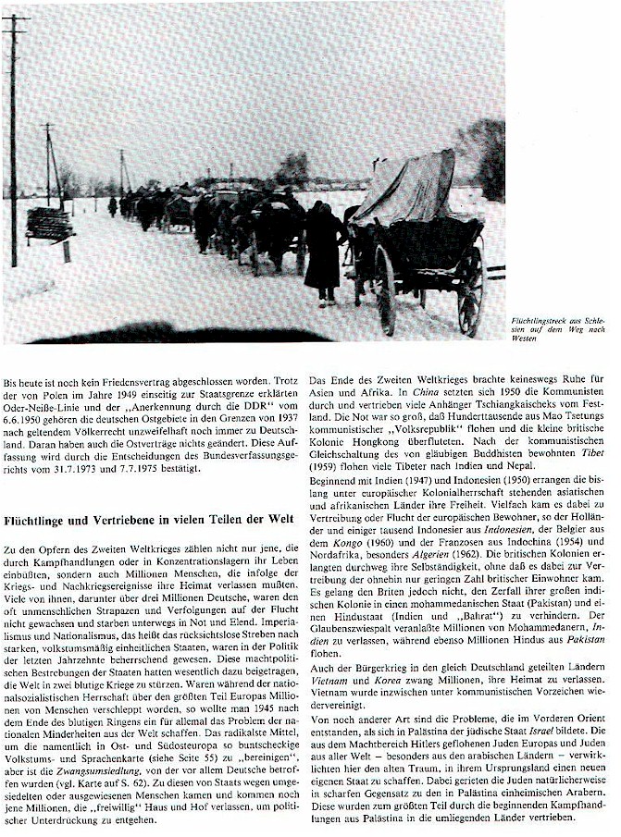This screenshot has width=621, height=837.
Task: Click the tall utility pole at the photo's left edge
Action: [13, 139]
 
